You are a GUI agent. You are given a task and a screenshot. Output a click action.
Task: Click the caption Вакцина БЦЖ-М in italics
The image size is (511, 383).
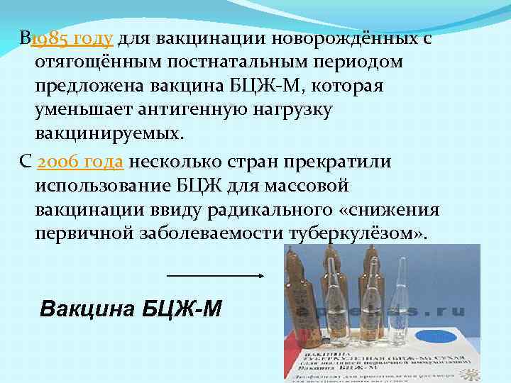[x=131, y=309]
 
